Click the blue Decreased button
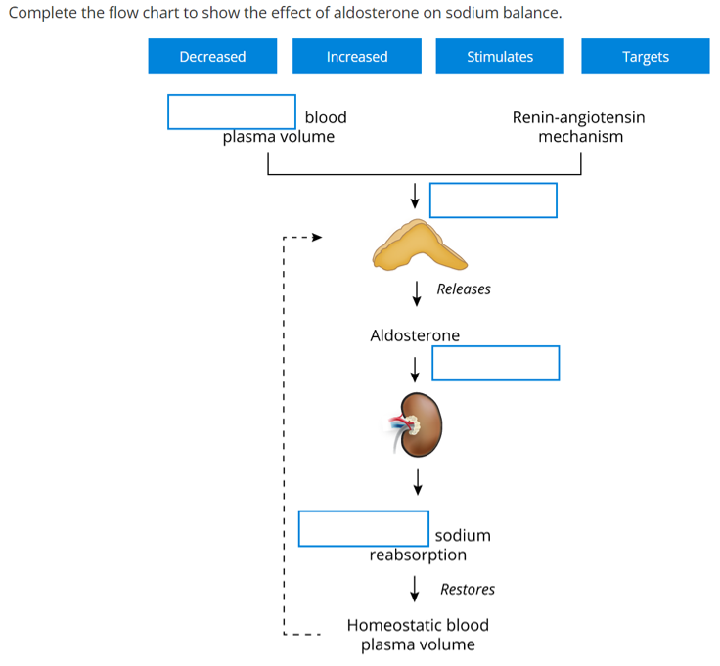pyautogui.click(x=212, y=57)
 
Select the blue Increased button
pyautogui.click(x=357, y=57)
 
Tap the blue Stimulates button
pyautogui.click(x=500, y=57)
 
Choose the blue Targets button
pyautogui.click(x=645, y=57)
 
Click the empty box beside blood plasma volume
pyautogui.click(x=232, y=111)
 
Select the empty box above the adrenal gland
pyautogui.click(x=493, y=200)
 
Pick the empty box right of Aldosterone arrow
pyautogui.click(x=495, y=363)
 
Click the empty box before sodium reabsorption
pyautogui.click(x=363, y=528)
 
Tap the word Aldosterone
pyautogui.click(x=415, y=335)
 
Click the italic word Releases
pyautogui.click(x=464, y=289)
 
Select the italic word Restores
pyautogui.click(x=468, y=589)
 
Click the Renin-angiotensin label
pyautogui.click(x=578, y=117)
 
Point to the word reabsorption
pyautogui.click(x=418, y=555)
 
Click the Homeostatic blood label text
pyautogui.click(x=418, y=625)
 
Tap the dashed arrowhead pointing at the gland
pyautogui.click(x=316, y=237)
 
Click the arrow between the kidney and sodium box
pyautogui.click(x=418, y=480)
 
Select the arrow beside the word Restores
pyautogui.click(x=416, y=588)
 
